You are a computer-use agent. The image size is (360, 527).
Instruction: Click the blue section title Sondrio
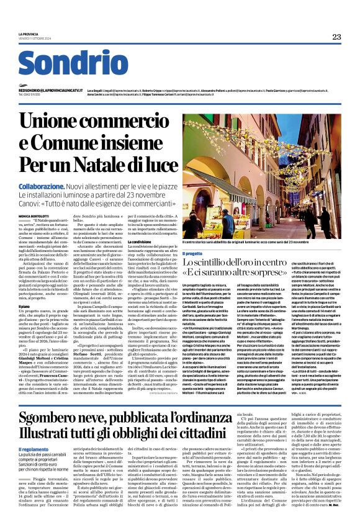click(73, 63)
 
